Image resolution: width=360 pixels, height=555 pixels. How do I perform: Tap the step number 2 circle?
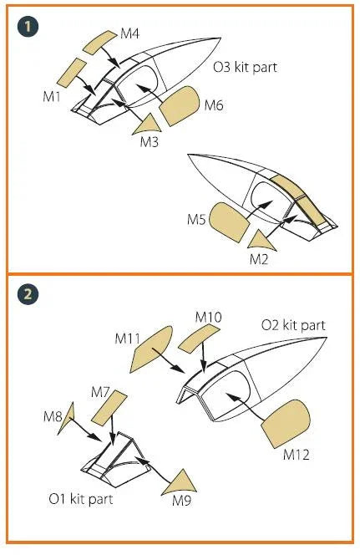click(x=28, y=293)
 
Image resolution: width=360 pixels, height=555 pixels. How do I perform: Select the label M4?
click(x=129, y=34)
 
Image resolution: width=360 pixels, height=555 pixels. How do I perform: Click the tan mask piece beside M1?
click(x=71, y=74)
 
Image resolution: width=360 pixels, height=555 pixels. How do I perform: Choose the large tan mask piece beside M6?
click(x=180, y=106)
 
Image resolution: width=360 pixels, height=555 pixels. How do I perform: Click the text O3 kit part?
click(x=245, y=67)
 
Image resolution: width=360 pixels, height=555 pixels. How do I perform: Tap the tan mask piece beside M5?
click(x=229, y=222)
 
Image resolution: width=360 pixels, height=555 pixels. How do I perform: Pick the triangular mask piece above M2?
click(x=262, y=242)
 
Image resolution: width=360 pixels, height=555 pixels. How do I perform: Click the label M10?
click(x=208, y=317)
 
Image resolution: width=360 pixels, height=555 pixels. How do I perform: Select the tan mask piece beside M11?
click(x=151, y=349)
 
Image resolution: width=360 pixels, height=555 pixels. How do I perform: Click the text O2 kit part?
click(x=293, y=325)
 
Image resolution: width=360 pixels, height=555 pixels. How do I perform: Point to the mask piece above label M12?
click(x=286, y=424)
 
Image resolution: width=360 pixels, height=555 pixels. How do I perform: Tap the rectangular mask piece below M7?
click(x=109, y=408)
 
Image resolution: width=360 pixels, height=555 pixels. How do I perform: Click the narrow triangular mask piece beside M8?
click(x=67, y=419)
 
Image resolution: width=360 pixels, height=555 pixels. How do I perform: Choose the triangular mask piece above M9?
click(x=180, y=483)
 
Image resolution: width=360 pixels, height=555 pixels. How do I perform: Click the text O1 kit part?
click(x=81, y=500)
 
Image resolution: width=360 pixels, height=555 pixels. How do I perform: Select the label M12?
click(x=296, y=455)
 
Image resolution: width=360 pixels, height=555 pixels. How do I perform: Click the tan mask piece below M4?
click(x=99, y=43)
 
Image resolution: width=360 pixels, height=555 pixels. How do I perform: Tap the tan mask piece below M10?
click(x=199, y=339)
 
